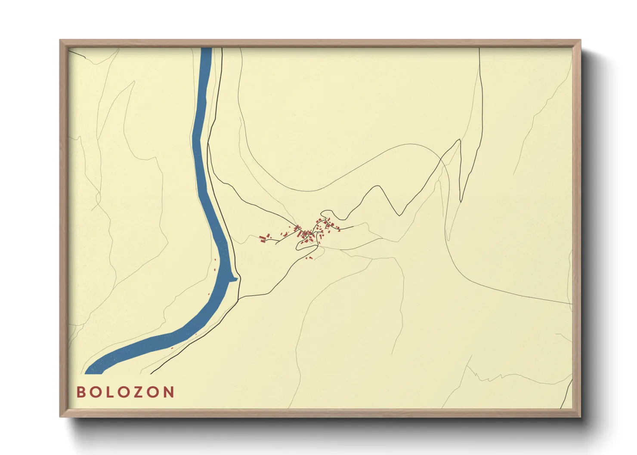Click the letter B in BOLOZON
click(x=80, y=392)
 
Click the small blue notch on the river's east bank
click(x=235, y=280)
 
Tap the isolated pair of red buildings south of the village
click(x=309, y=258)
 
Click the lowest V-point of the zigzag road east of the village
click(x=401, y=215)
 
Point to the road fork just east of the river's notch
click(x=240, y=297)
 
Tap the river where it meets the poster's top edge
click(x=206, y=49)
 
